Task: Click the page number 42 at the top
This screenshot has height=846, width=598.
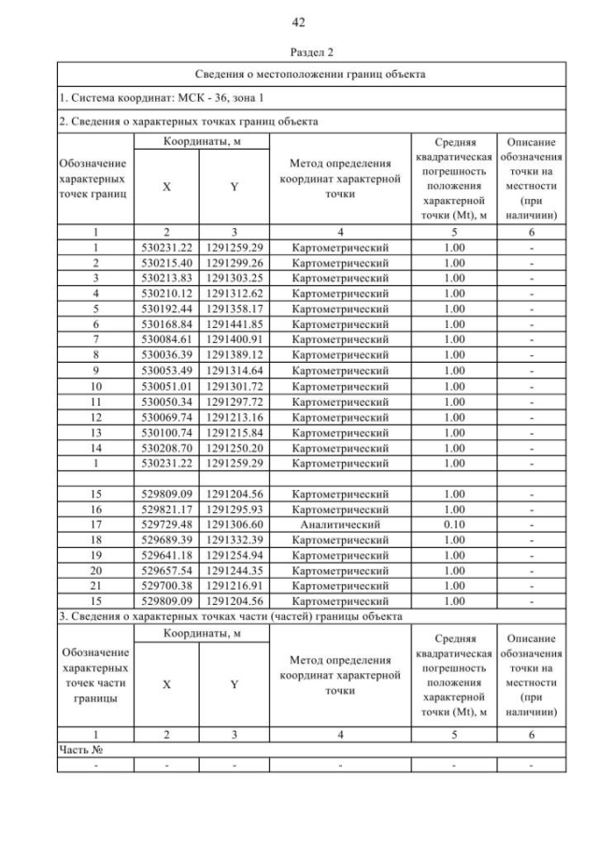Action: tap(299, 22)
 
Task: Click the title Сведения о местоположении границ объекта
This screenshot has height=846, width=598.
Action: tap(311, 73)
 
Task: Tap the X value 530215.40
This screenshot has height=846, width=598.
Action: tap(166, 264)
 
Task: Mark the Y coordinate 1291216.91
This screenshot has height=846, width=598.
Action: tap(235, 585)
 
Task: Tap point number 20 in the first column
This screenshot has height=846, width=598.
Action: tap(94, 570)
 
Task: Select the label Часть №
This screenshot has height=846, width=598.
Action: tap(79, 750)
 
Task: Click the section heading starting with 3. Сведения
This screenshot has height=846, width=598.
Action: tap(230, 616)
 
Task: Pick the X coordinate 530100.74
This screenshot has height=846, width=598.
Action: tap(166, 434)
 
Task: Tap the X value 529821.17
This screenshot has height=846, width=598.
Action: tap(166, 509)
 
